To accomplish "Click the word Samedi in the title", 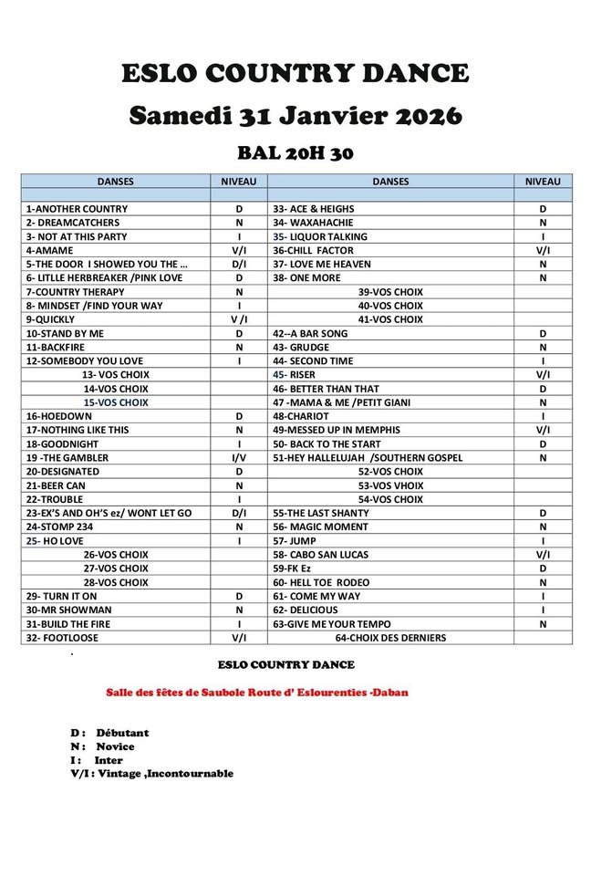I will [180, 116].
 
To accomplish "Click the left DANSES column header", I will [115, 182].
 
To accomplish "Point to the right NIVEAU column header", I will [543, 182].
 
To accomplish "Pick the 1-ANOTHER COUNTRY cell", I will [78, 209].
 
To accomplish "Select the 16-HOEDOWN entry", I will [56, 416].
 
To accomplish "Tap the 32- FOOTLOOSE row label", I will [62, 638].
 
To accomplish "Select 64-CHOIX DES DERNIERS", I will [390, 638].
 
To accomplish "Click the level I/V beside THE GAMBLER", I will [239, 458].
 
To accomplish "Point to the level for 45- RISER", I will [543, 375].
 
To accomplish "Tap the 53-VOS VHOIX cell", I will [390, 485].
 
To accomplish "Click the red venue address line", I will [257, 693].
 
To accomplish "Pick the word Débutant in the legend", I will [121, 733].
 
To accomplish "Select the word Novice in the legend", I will [115, 746].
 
